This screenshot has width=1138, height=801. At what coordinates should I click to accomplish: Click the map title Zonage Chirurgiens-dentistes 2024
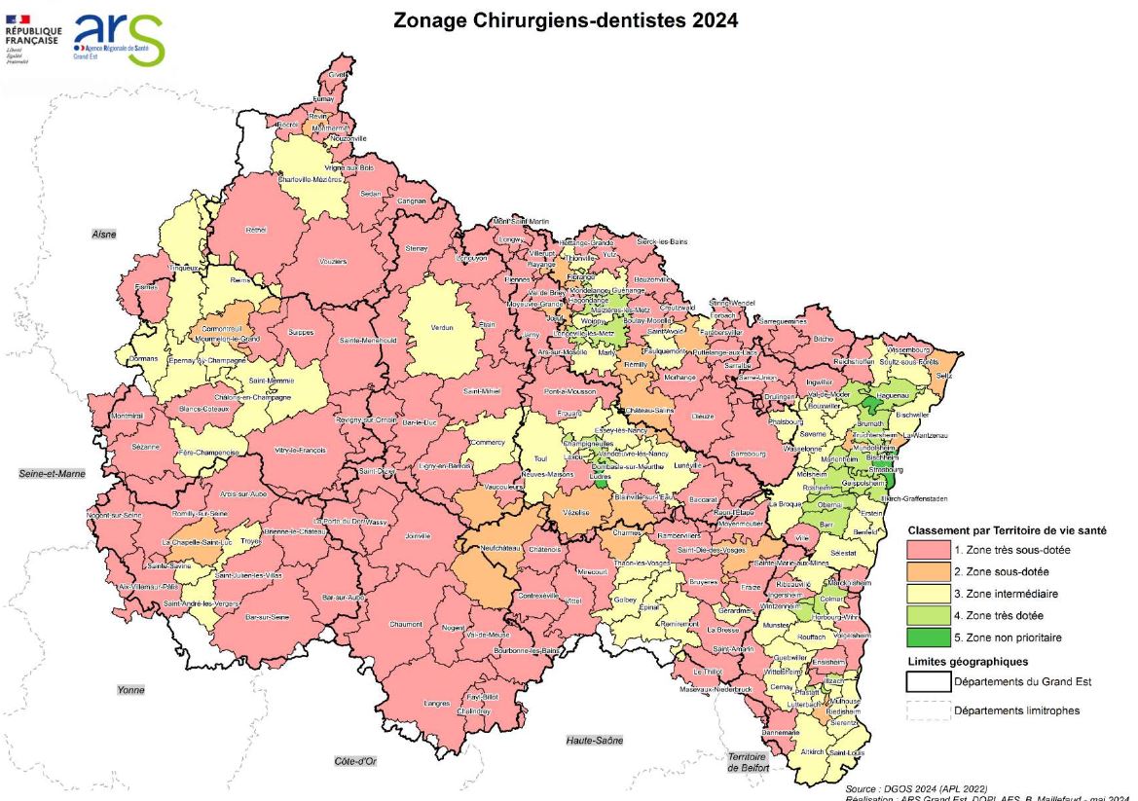565,19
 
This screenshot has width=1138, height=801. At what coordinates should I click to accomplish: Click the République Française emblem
32,37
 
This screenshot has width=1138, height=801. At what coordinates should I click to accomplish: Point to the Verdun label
442,328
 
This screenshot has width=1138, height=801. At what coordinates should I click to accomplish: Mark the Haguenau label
876,396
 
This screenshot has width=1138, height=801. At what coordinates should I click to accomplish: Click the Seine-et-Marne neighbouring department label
52,474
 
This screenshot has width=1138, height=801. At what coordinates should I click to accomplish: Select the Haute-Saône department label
594,741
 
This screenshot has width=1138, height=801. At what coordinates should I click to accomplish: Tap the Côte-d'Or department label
353,760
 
